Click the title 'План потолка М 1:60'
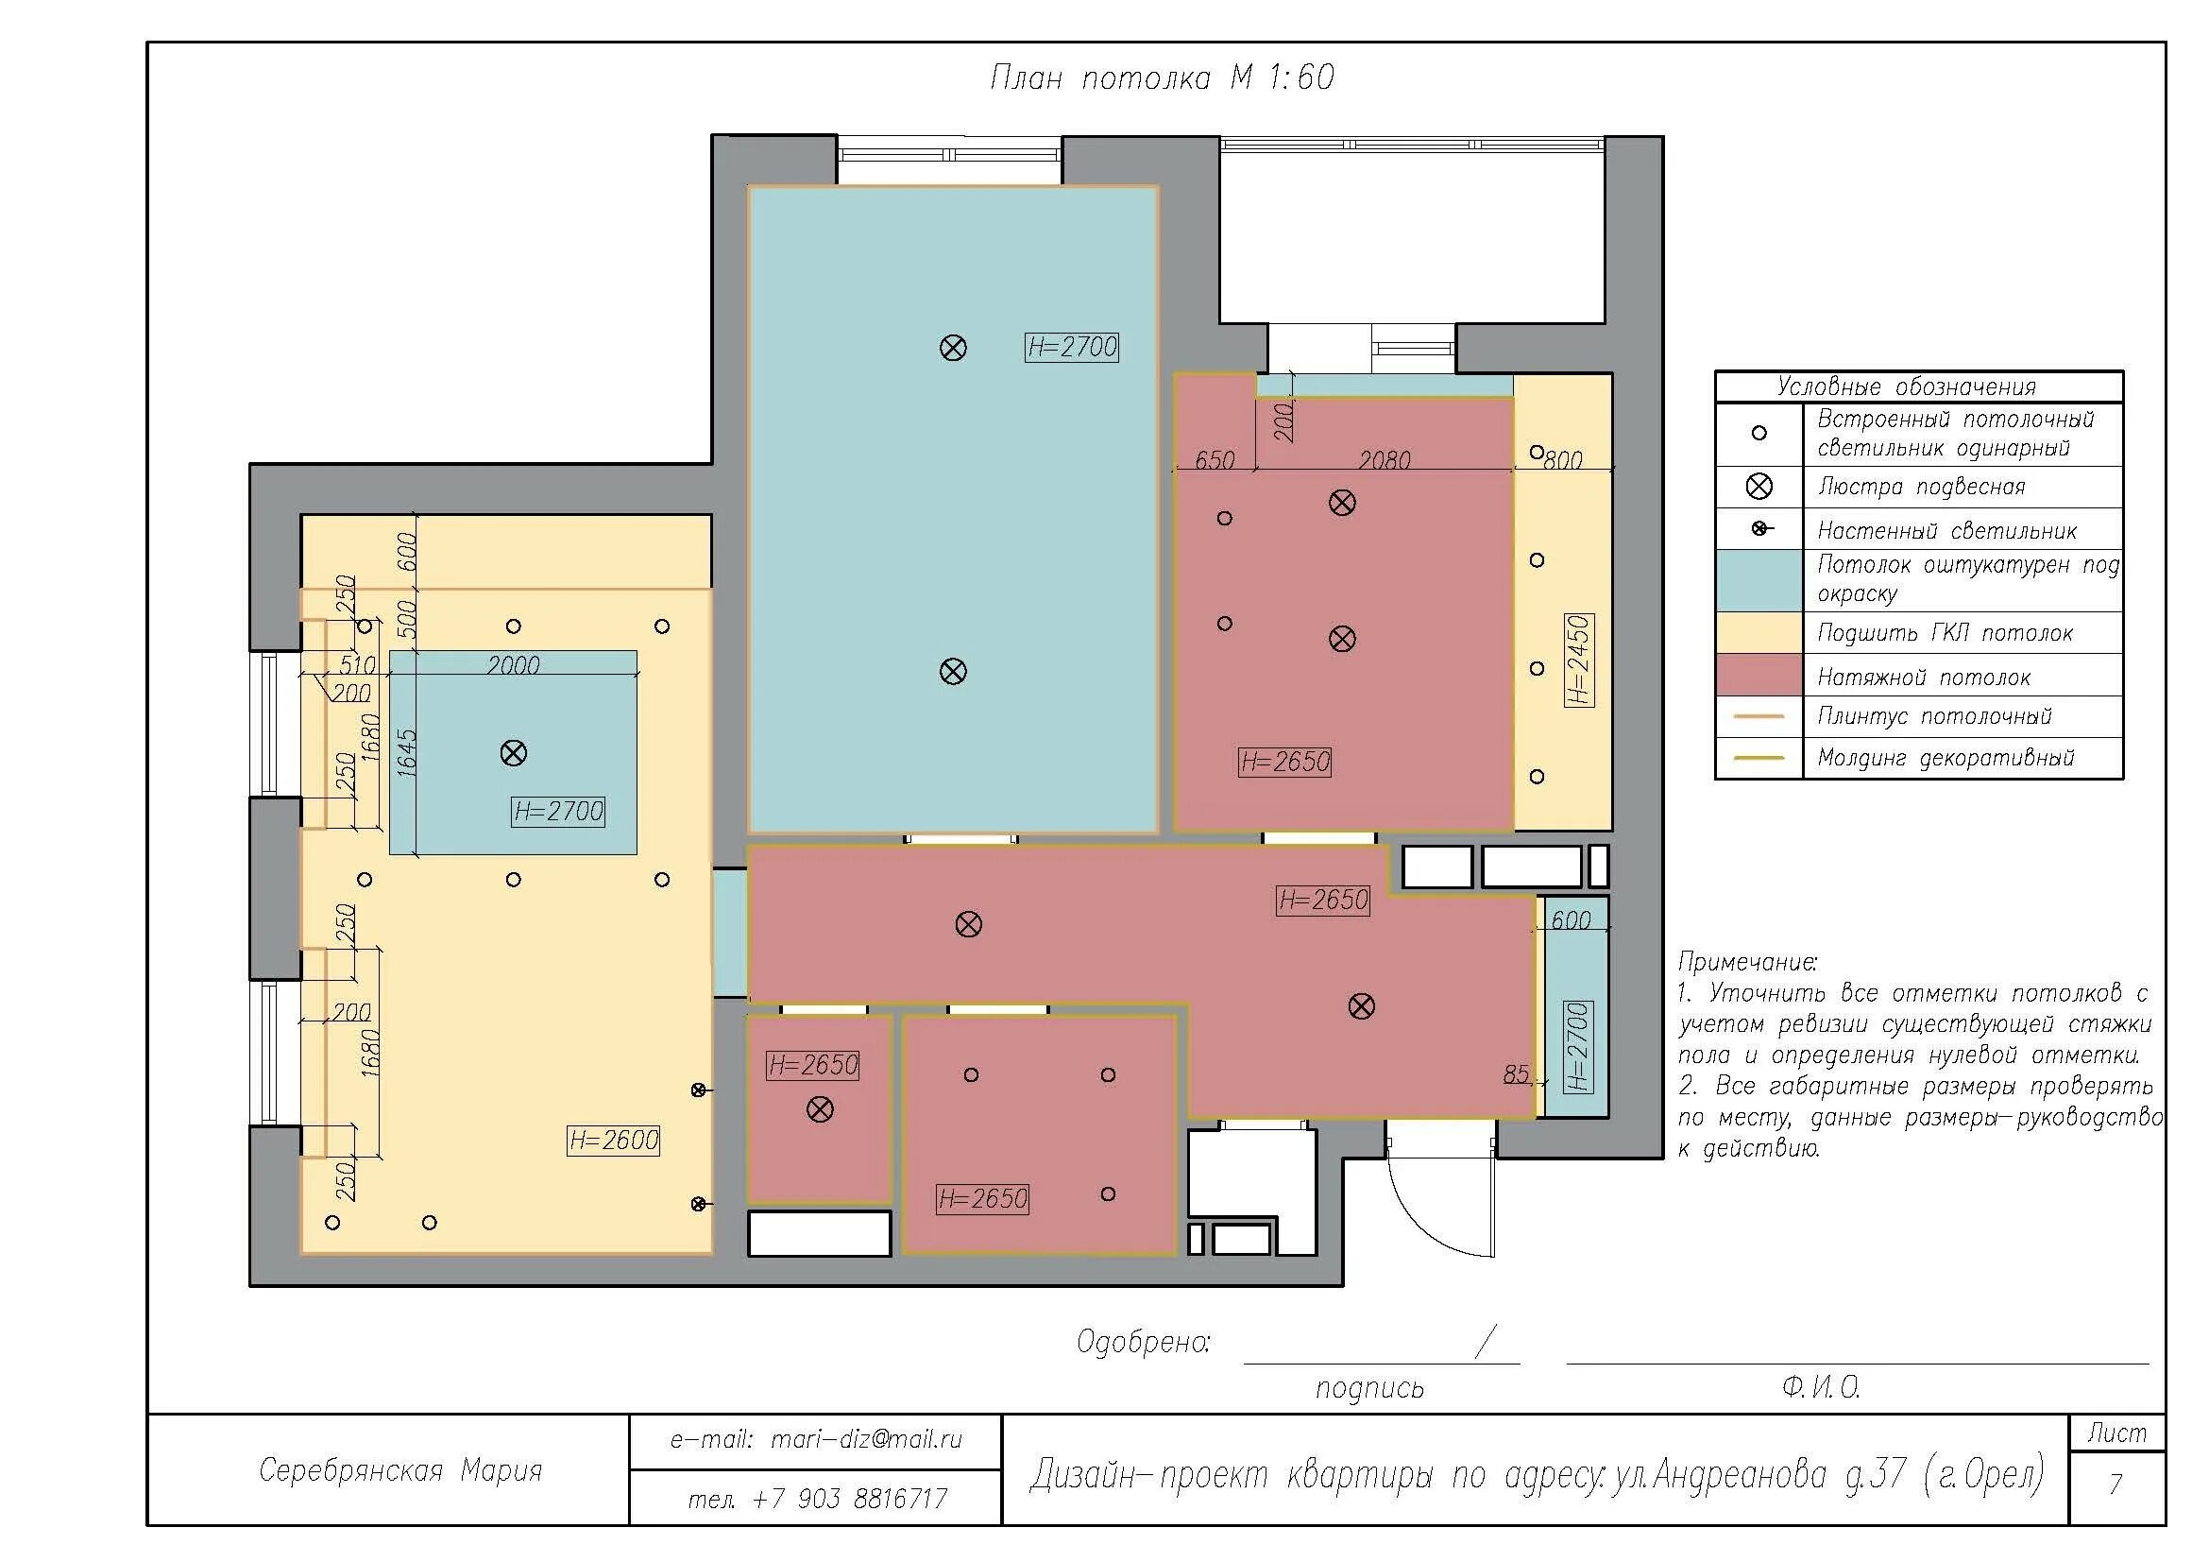1163,77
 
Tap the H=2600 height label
614,1141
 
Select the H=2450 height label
1579,661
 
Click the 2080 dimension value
1385,460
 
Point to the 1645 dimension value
407,752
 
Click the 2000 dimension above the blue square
513,664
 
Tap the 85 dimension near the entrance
1517,1074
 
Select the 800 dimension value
1563,460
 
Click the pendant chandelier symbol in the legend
1759,487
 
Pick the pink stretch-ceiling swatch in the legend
1759,675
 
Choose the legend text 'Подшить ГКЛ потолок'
1945,633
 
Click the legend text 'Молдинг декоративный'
1946,759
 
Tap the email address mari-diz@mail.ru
816,1440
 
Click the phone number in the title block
818,1499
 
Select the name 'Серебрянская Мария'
400,1470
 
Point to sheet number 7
2116,1483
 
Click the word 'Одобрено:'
1144,1342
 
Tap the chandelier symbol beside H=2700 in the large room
953,348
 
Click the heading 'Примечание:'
1748,961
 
